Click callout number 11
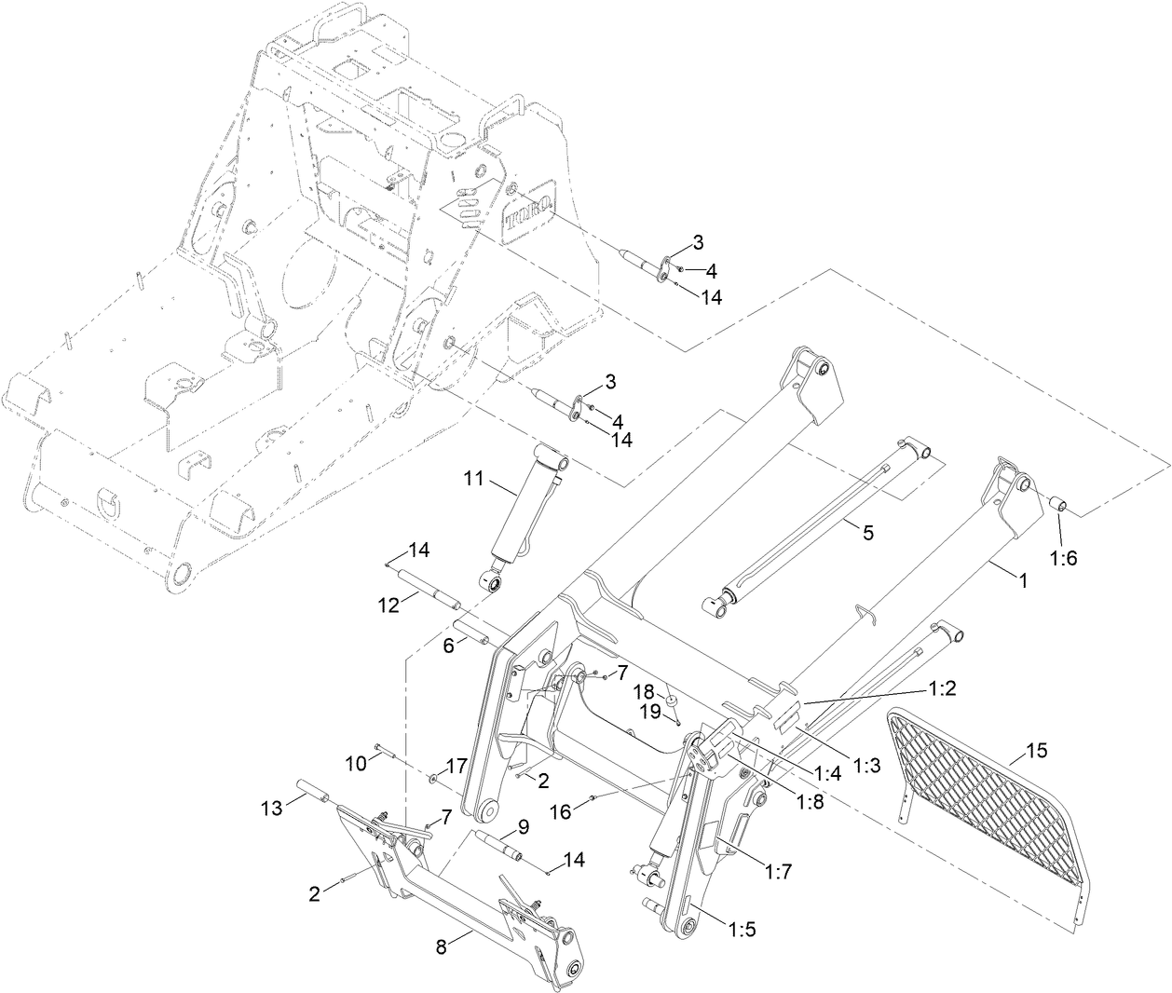[475, 481]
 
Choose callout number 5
[867, 533]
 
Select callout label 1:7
[779, 872]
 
